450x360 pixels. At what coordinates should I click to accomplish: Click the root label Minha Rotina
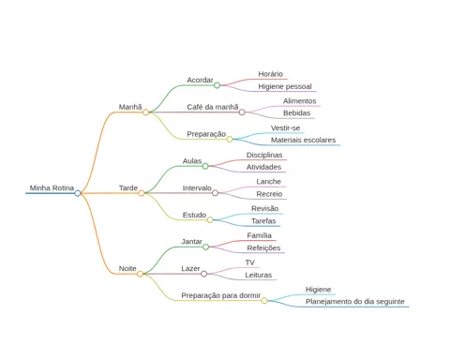[52, 188]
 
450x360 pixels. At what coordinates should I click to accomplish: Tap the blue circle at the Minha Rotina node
[78, 193]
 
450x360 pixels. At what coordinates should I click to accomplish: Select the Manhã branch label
[130, 107]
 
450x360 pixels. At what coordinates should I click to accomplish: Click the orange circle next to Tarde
[142, 193]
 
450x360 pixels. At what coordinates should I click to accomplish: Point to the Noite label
[127, 268]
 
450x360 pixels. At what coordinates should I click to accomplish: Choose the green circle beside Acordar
[217, 85]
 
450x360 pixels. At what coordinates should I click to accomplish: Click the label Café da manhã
[213, 107]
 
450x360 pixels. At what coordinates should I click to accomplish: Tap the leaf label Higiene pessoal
[285, 86]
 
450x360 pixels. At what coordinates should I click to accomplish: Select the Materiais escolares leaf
[303, 140]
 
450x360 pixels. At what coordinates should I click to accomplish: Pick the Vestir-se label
[285, 128]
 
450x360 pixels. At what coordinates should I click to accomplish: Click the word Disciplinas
[264, 155]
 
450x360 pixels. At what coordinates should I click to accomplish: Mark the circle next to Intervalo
[215, 193]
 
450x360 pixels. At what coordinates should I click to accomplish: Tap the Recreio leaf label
[269, 194]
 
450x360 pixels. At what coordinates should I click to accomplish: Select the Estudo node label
[194, 215]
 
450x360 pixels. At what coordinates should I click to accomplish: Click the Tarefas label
[263, 221]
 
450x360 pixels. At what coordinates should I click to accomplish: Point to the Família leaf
[259, 235]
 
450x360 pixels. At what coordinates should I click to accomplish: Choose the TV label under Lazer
[250, 262]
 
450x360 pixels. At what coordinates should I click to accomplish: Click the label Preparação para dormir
[221, 295]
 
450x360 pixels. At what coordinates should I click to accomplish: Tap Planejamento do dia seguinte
[355, 302]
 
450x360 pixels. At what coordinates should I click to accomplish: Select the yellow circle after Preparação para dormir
[264, 301]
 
